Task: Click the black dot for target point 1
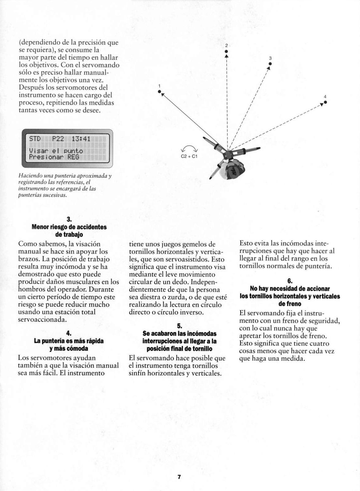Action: [160, 91]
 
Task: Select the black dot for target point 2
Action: [226, 51]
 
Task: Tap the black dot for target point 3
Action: [270, 64]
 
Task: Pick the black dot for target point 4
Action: [325, 102]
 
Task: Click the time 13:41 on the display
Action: [81, 139]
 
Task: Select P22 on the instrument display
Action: [58, 139]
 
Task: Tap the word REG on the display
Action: [73, 157]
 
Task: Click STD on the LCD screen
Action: [35, 139]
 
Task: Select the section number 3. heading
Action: [69, 219]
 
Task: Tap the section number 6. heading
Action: [290, 281]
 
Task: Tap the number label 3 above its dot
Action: [270, 58]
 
